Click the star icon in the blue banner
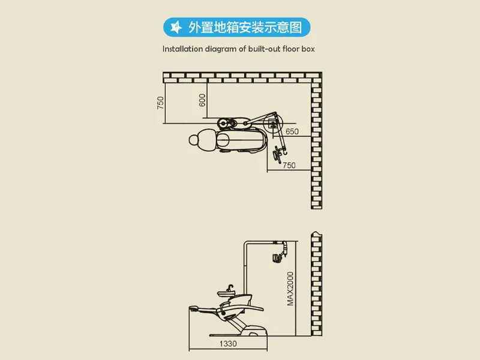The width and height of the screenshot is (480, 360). tap(176, 27)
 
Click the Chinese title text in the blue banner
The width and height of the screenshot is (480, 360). tap(245, 27)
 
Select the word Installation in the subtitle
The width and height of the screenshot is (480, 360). tap(183, 49)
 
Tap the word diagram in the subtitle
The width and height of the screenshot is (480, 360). tap(220, 49)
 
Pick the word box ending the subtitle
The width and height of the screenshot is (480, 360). tap(308, 49)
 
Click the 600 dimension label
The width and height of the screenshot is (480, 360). tap(202, 100)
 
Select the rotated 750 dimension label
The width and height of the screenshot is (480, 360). tap(160, 103)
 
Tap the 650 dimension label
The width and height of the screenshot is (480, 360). tap(292, 131)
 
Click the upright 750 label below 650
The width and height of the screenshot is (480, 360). tap(289, 166)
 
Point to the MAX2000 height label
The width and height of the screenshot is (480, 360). tap(290, 289)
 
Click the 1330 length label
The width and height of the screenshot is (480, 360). tap(228, 344)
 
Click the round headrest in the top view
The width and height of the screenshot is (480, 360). tap(194, 140)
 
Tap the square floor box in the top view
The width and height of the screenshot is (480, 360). tap(272, 124)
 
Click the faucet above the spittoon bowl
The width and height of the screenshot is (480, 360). tap(230, 288)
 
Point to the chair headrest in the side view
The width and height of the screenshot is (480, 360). tap(194, 308)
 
